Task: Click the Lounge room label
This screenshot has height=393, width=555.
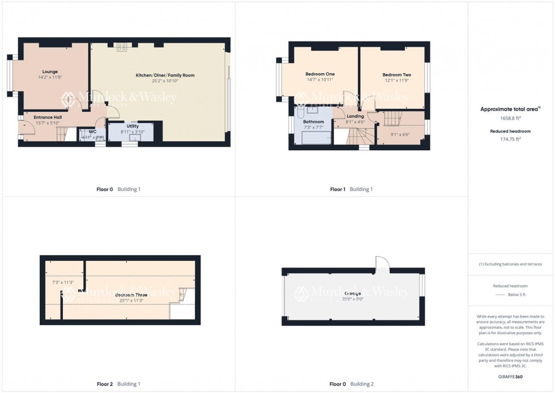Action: click(x=49, y=71)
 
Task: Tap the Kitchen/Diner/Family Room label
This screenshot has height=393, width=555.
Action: click(x=165, y=75)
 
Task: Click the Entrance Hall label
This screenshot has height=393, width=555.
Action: click(x=48, y=117)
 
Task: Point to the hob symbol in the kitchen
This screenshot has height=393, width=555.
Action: click(x=121, y=47)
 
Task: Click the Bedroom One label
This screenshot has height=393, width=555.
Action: click(x=320, y=74)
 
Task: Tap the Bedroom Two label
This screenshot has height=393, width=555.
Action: click(x=396, y=75)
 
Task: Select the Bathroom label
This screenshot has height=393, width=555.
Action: click(x=313, y=122)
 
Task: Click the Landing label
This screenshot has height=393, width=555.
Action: click(x=356, y=116)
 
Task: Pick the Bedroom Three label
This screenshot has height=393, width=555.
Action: click(x=131, y=295)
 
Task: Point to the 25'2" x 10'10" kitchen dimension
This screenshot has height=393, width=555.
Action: click(x=165, y=81)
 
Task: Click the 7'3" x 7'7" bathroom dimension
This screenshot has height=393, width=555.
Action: click(x=313, y=128)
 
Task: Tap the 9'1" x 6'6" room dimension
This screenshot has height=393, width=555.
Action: click(x=400, y=134)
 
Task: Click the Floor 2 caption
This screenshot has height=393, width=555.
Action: click(x=104, y=384)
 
